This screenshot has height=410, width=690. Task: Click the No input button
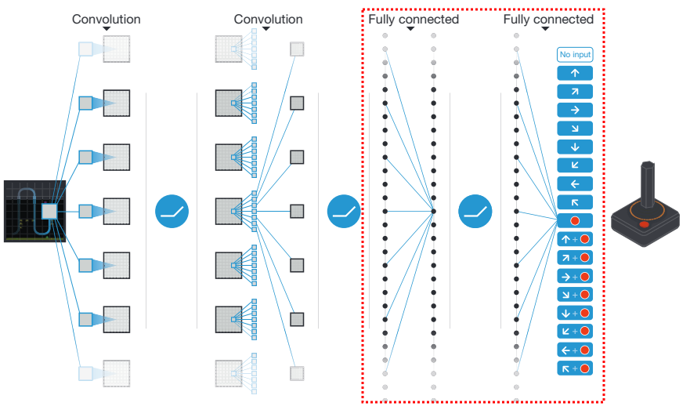pos(575,55)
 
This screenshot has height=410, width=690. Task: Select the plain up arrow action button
pos(575,73)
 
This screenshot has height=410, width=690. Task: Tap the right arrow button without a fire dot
pos(575,110)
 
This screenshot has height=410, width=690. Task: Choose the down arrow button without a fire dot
pos(575,147)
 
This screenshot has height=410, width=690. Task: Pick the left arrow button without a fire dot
pos(575,184)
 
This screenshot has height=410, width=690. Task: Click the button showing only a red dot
pos(575,220)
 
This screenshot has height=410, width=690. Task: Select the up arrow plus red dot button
pos(575,239)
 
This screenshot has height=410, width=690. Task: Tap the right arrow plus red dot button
pos(575,276)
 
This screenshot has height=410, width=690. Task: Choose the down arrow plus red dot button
pos(575,313)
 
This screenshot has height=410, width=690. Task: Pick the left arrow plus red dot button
pos(575,350)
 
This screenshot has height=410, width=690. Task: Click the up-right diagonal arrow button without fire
pos(575,92)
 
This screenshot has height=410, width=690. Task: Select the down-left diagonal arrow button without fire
pos(575,165)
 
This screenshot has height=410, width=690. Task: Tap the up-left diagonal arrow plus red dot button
pos(575,368)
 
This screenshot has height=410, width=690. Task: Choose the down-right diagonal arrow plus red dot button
pos(575,295)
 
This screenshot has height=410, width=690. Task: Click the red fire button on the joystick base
pos(645,224)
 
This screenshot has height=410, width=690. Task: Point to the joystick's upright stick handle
pos(647,184)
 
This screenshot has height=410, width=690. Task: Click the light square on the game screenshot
pos(49,212)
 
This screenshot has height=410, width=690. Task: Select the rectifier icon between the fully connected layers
pos(475,212)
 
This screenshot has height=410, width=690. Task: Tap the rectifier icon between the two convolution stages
pos(172,212)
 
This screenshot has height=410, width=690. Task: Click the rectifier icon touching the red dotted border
pos(344,212)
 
